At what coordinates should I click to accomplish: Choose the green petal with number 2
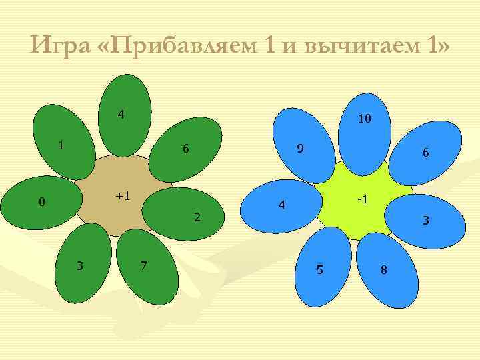click(x=185, y=213)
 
